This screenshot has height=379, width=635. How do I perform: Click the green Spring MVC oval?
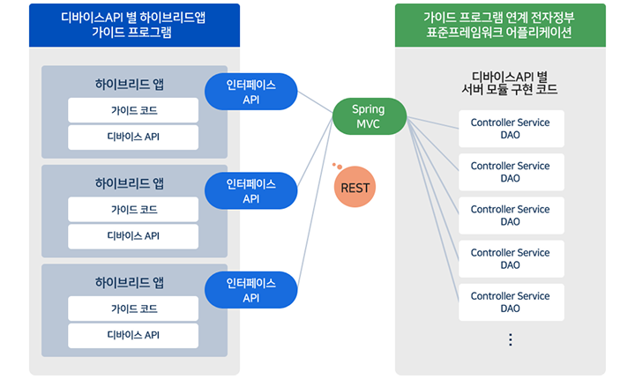(370, 115)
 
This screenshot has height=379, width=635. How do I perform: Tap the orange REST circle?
(355, 188)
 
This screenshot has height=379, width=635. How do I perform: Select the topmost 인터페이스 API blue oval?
(250, 93)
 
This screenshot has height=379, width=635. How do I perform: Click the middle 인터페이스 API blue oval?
(250, 191)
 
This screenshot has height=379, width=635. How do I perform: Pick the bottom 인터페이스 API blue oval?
(250, 290)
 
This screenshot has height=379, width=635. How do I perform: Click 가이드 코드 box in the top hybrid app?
(133, 111)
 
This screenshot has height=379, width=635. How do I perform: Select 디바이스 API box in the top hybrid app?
(133, 137)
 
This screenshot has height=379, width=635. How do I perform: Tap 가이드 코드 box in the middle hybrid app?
(133, 210)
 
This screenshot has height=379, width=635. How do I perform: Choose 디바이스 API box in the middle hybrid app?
(133, 236)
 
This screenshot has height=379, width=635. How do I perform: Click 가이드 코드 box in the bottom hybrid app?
(133, 308)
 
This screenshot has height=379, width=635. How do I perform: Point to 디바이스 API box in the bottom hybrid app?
(133, 335)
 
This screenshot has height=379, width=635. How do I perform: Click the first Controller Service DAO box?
(510, 129)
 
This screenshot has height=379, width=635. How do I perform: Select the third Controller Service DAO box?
(510, 216)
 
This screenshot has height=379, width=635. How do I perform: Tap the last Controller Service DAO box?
(510, 302)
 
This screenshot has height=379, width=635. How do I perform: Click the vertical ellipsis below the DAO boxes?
(510, 340)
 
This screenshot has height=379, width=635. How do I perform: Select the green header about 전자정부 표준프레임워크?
(500, 25)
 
